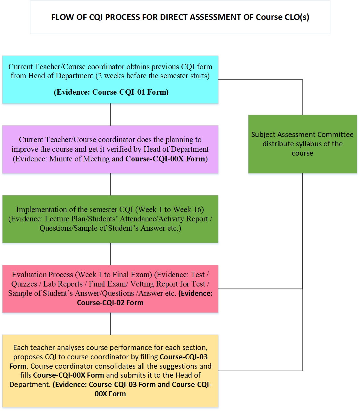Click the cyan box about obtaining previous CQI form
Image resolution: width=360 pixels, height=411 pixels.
(110, 80)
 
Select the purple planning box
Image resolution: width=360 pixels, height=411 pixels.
(110, 149)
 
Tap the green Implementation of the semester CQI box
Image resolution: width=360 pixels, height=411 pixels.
(110, 219)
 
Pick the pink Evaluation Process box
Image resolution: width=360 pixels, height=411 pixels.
(110, 288)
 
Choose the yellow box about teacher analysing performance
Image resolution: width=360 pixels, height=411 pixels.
(110, 371)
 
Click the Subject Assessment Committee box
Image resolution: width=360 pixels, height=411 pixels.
(302, 144)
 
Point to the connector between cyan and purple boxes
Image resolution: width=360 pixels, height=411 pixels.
(110, 114)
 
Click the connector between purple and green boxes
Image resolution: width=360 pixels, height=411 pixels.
(110, 184)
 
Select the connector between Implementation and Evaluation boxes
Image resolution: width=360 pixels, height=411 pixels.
(110, 254)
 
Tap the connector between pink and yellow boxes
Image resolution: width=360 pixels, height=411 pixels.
(110, 323)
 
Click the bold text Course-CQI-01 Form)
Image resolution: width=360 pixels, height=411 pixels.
(130, 92)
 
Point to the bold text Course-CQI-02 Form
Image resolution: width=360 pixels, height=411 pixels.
(110, 303)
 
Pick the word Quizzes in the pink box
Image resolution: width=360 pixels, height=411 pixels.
(24, 284)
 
